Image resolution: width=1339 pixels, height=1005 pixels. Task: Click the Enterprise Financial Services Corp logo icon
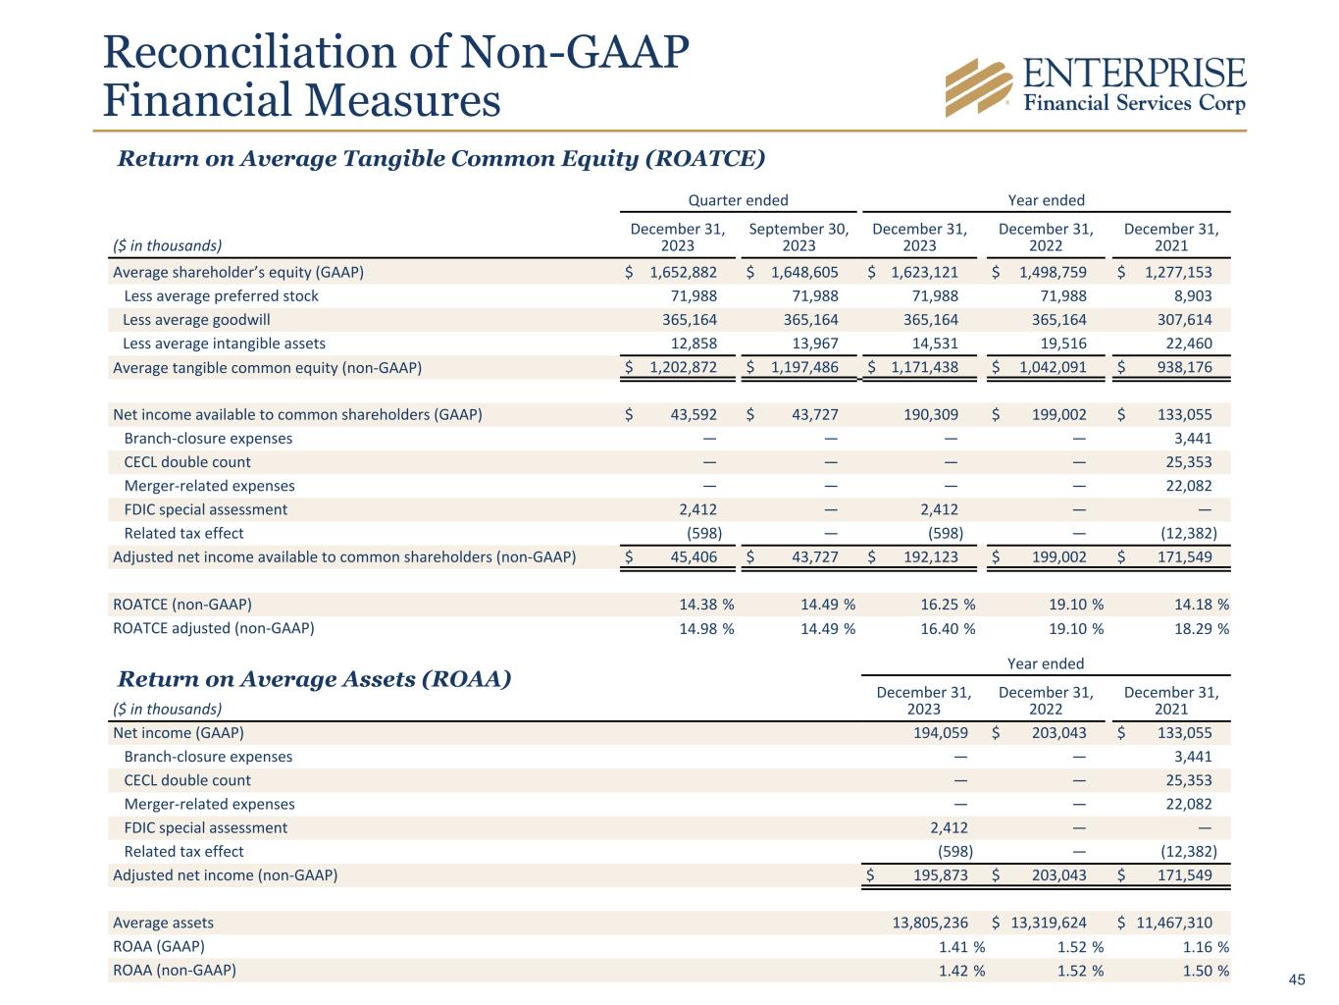pyautogui.click(x=978, y=87)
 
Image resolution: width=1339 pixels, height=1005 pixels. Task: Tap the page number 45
pyautogui.click(x=1297, y=979)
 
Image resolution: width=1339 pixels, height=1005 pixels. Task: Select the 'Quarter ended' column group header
pyautogui.click(x=738, y=200)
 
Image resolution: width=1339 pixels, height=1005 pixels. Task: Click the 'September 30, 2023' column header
pyautogui.click(x=798, y=237)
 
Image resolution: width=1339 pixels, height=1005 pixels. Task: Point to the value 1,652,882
pyautogui.click(x=683, y=273)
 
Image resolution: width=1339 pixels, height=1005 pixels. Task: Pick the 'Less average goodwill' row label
pyautogui.click(x=196, y=320)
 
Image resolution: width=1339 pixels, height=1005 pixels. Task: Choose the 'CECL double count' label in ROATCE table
pyautogui.click(x=187, y=462)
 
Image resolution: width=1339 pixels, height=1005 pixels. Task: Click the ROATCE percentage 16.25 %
pyautogui.click(x=947, y=605)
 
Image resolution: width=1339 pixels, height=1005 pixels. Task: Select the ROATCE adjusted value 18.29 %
pyautogui.click(x=1201, y=629)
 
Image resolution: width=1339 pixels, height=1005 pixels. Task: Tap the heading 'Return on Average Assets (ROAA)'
pyautogui.click(x=314, y=679)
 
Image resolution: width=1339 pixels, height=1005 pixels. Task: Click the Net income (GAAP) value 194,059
pyautogui.click(x=940, y=733)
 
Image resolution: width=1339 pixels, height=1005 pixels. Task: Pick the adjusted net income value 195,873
pyautogui.click(x=940, y=875)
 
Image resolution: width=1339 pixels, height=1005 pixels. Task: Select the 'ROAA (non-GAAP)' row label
pyautogui.click(x=175, y=971)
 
